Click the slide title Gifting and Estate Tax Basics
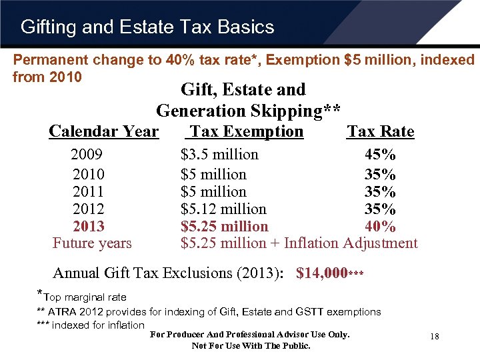pos(147,27)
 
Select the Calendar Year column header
pos(103,131)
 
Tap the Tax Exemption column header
pos(245,131)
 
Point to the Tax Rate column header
pos(380,131)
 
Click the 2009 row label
pos(87,155)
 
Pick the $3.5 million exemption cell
pos(219,155)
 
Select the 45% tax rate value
pos(380,155)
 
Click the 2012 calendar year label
pos(88,209)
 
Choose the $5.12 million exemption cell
pos(223,209)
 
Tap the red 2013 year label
pos(89,227)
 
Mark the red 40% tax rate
pos(380,227)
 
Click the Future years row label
pos(92,243)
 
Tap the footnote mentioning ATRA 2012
pos(209,311)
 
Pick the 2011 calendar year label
pos(88,192)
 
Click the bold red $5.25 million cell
pos(224,227)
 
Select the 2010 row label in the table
pos(88,175)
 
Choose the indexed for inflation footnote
pos(91,325)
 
